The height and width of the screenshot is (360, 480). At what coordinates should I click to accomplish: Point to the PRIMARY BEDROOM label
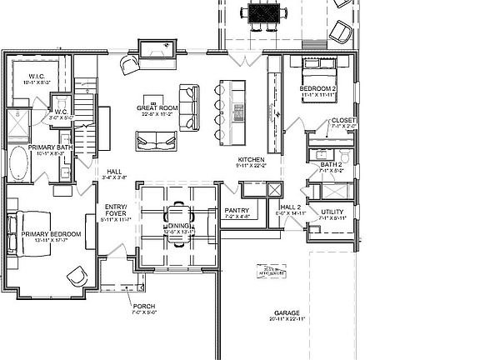click(x=52, y=235)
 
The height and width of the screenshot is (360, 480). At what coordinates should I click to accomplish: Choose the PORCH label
click(x=143, y=307)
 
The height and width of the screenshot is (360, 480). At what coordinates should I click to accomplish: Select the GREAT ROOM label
click(x=157, y=107)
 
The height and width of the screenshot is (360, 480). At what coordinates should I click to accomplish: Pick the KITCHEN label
click(x=251, y=159)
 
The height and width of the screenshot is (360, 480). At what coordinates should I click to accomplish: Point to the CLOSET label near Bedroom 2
click(x=342, y=121)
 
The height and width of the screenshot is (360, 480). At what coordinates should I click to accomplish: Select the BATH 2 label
click(x=332, y=164)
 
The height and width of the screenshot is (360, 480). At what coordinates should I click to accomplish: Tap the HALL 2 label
click(x=290, y=207)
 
